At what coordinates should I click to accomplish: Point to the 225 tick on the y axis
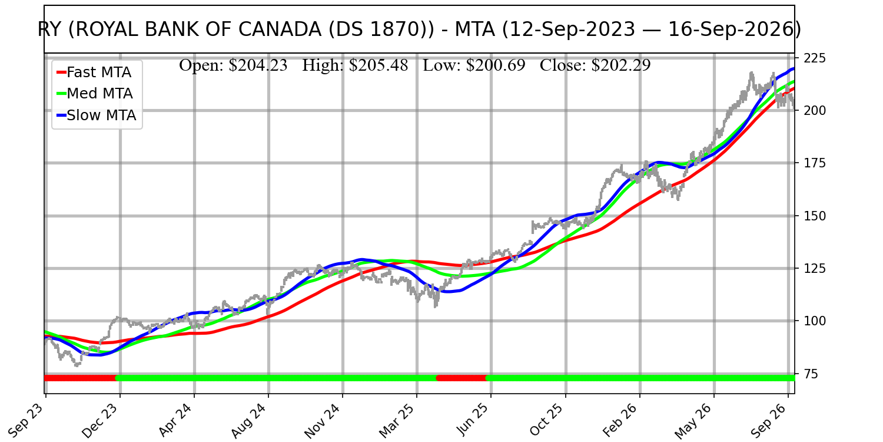814,58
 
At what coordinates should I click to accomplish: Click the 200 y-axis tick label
814,111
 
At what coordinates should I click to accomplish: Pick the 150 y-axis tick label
814,216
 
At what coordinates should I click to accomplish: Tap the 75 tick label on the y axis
811,374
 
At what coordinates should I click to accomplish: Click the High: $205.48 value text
355,65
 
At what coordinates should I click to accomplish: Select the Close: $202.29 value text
595,65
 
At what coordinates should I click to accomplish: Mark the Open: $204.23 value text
233,65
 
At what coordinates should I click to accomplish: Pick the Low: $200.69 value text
474,65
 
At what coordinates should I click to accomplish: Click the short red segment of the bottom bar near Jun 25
462,378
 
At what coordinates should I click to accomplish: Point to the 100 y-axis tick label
814,321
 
